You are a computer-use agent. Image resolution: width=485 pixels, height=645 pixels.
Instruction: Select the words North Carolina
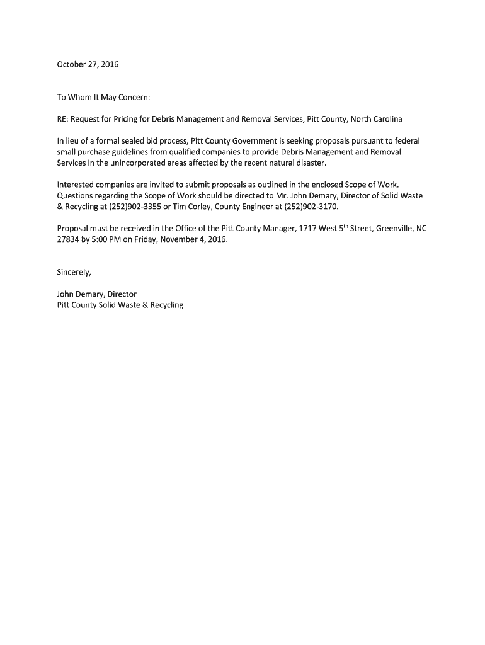click(376, 119)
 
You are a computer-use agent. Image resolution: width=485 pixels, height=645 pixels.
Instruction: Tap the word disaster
click(310, 163)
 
